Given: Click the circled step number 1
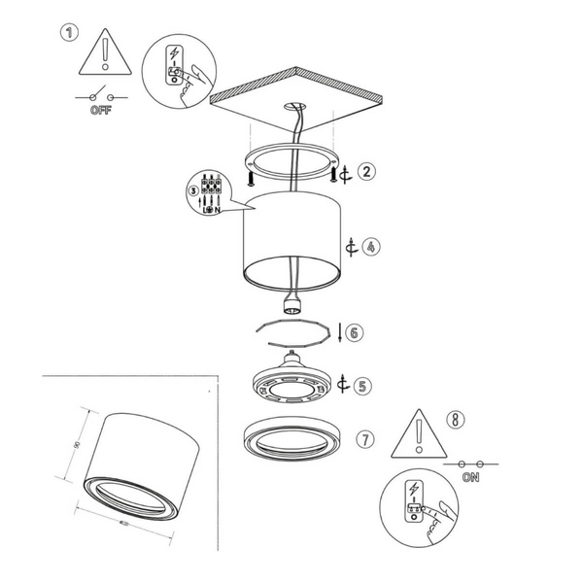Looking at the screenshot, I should point(68,33).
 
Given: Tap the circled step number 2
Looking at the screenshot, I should point(365,172).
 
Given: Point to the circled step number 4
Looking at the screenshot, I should point(372,247).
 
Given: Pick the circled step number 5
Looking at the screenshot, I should point(362,386).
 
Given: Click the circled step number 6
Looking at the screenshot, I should point(354,332).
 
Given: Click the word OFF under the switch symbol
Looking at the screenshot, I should point(100,111).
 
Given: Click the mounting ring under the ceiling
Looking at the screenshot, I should point(289,162).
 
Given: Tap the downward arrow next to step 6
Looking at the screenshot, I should point(338,332).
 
